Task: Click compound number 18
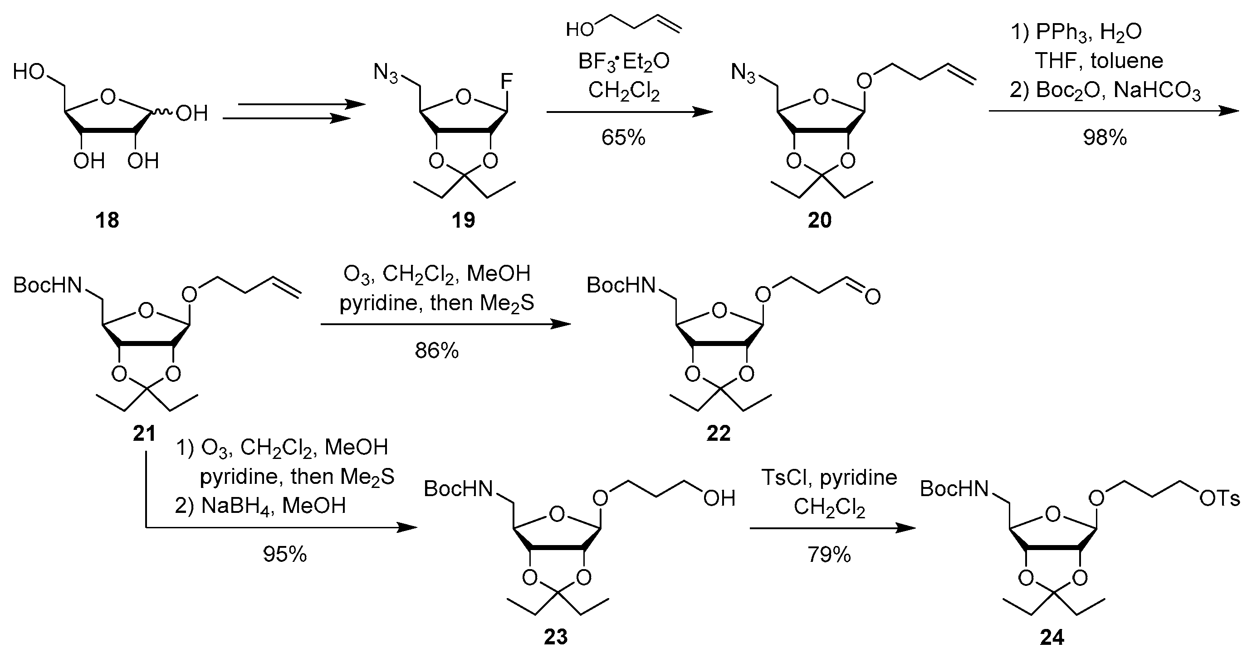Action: pyautogui.click(x=108, y=220)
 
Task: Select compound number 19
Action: pyautogui.click(x=463, y=220)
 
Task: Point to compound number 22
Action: pyautogui.click(x=719, y=433)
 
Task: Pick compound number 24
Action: pyautogui.click(x=1052, y=637)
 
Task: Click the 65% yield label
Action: pyautogui.click(x=623, y=138)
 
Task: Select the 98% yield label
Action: pyautogui.click(x=1104, y=138)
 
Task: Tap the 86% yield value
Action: pyautogui.click(x=436, y=350)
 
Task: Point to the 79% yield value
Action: pyautogui.click(x=829, y=554)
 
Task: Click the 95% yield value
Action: pyautogui.click(x=285, y=554)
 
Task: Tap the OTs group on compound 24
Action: pyautogui.click(x=1219, y=498)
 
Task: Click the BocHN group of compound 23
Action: pyautogui.click(x=458, y=489)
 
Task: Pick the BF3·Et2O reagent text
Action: pyautogui.click(x=624, y=62)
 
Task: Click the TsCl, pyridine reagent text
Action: pyautogui.click(x=829, y=478)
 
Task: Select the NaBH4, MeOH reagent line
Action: pyautogui.click(x=260, y=506)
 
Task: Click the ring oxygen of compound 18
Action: pyautogui.click(x=108, y=97)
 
